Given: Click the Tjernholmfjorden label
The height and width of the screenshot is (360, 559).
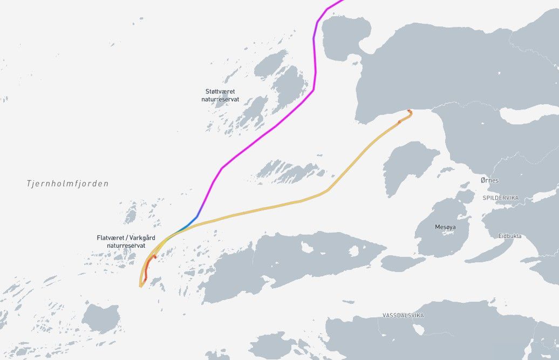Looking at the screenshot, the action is click(x=67, y=184).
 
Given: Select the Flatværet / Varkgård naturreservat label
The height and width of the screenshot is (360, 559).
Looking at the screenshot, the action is click(x=121, y=241).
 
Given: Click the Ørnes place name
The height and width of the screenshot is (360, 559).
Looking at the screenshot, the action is click(x=489, y=180).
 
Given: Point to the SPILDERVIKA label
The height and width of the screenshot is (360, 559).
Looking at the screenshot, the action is click(x=500, y=198).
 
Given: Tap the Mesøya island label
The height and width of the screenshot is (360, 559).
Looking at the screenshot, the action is click(x=445, y=227).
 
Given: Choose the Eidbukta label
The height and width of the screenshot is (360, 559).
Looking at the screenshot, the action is click(x=510, y=236).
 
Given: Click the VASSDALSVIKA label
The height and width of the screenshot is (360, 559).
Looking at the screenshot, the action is click(x=403, y=315).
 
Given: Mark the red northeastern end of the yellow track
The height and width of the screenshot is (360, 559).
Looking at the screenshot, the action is click(x=410, y=112).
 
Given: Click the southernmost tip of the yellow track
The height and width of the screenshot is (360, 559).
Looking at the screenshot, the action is click(x=140, y=286).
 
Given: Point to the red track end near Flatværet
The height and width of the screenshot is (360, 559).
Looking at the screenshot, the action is click(x=154, y=257).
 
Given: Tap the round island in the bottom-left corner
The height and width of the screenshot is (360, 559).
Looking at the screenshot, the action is click(x=101, y=317).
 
